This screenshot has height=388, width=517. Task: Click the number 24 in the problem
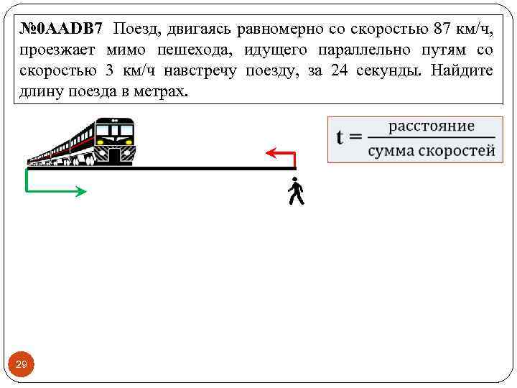coord(340,72)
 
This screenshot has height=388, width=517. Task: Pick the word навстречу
coord(202,72)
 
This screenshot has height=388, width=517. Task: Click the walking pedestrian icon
coord(295,192)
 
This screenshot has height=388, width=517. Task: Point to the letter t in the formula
coord(343,137)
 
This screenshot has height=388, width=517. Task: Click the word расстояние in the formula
coord(432,126)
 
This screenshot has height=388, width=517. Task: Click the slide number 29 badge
coord(22,366)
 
